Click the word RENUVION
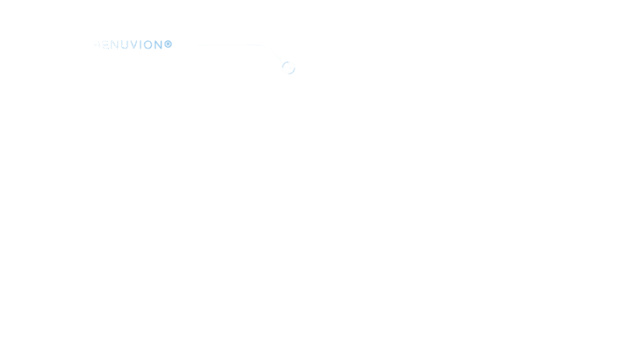128,45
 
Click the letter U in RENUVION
124,45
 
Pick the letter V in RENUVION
133,45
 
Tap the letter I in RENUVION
139,45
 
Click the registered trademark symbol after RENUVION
168,44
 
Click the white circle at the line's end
288,68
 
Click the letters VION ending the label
145,45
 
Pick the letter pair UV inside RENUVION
128,45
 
